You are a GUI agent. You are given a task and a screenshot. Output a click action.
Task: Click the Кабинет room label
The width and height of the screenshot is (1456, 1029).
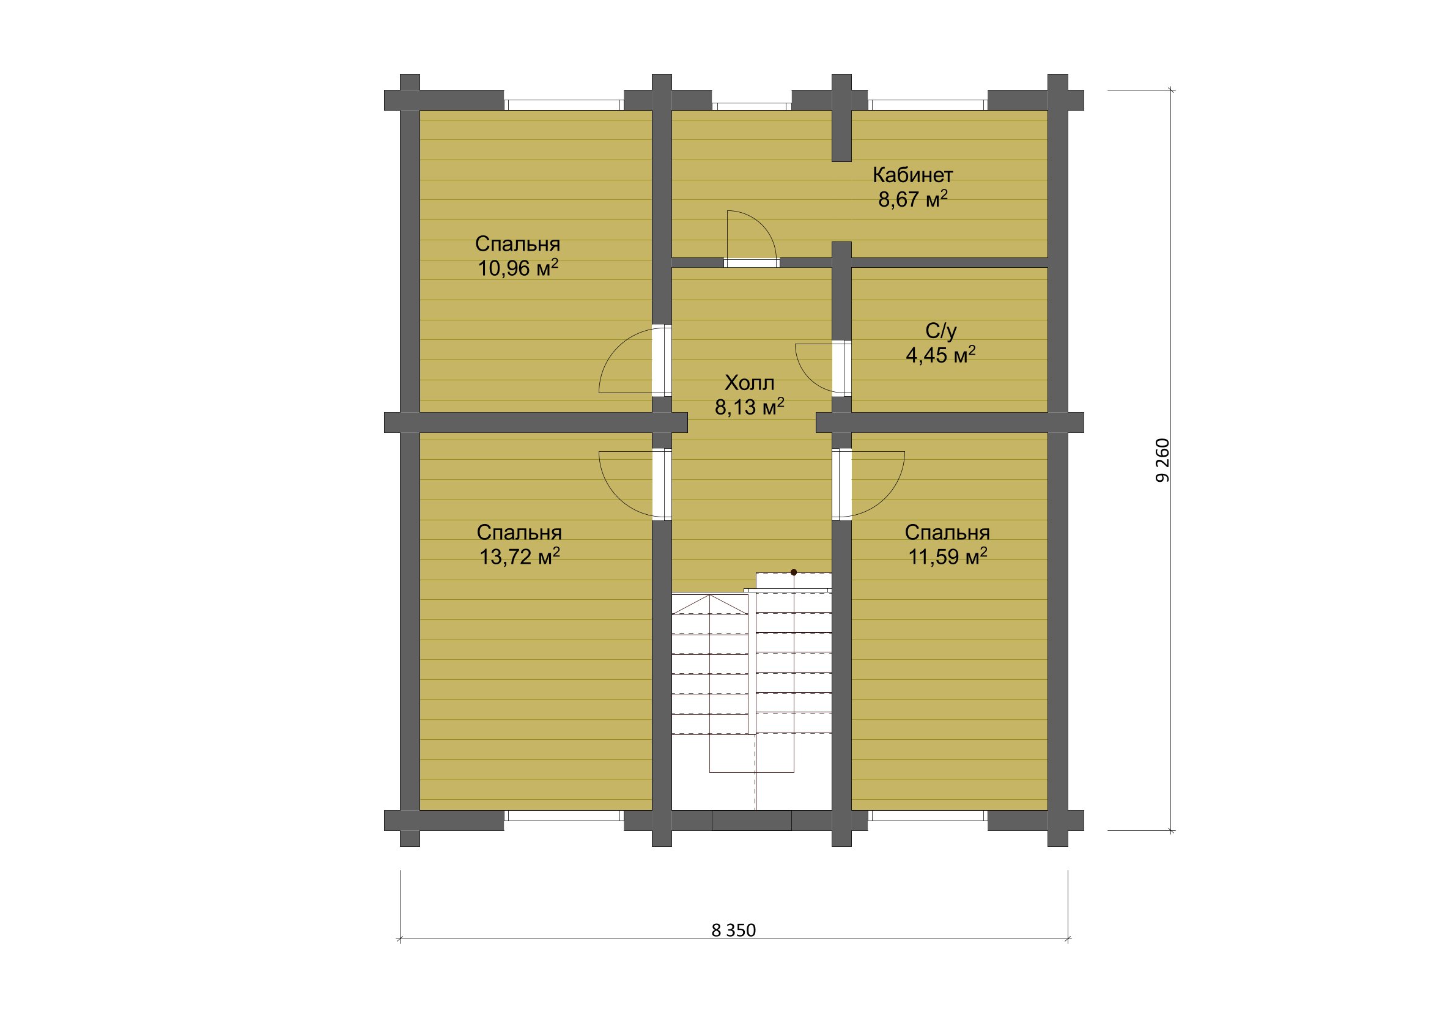point(912,174)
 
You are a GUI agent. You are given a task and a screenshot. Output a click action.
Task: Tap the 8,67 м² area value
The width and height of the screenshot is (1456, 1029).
point(912,199)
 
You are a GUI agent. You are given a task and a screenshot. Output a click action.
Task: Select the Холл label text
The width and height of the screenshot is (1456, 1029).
point(750,383)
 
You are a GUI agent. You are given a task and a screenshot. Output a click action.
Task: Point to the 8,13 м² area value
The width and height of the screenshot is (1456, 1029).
point(750,407)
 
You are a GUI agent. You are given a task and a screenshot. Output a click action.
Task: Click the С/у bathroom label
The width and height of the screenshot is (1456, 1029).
point(941,331)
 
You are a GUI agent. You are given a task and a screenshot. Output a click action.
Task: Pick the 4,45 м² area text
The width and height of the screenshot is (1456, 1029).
point(941,355)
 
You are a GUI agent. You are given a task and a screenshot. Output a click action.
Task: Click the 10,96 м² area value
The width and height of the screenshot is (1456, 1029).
point(518,268)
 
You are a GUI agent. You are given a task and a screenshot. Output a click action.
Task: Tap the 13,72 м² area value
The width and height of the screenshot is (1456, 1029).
point(519,556)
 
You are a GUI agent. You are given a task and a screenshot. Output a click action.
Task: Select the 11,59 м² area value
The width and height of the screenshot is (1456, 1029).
point(947,556)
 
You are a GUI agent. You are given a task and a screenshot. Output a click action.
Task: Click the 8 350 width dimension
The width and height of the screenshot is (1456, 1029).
point(734,930)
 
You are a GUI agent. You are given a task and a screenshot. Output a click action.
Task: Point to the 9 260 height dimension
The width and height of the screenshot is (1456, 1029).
point(1162,460)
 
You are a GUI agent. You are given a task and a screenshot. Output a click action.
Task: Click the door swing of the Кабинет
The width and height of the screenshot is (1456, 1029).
point(752,235)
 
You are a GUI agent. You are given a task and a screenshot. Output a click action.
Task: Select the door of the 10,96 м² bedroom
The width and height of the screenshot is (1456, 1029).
point(635,360)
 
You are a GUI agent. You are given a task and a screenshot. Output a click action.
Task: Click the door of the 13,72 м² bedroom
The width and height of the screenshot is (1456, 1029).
point(635,485)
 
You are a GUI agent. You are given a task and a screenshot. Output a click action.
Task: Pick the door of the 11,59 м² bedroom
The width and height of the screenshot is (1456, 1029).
point(868,485)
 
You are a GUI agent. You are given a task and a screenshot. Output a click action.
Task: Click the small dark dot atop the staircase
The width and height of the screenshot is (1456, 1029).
point(793,572)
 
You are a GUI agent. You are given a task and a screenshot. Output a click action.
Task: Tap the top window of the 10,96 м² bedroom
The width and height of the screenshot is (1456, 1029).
point(564,105)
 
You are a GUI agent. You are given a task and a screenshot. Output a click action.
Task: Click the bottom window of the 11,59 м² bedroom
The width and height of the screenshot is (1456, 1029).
point(928,816)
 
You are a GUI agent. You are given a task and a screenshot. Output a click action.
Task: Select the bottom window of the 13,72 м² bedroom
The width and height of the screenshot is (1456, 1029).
point(564,816)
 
